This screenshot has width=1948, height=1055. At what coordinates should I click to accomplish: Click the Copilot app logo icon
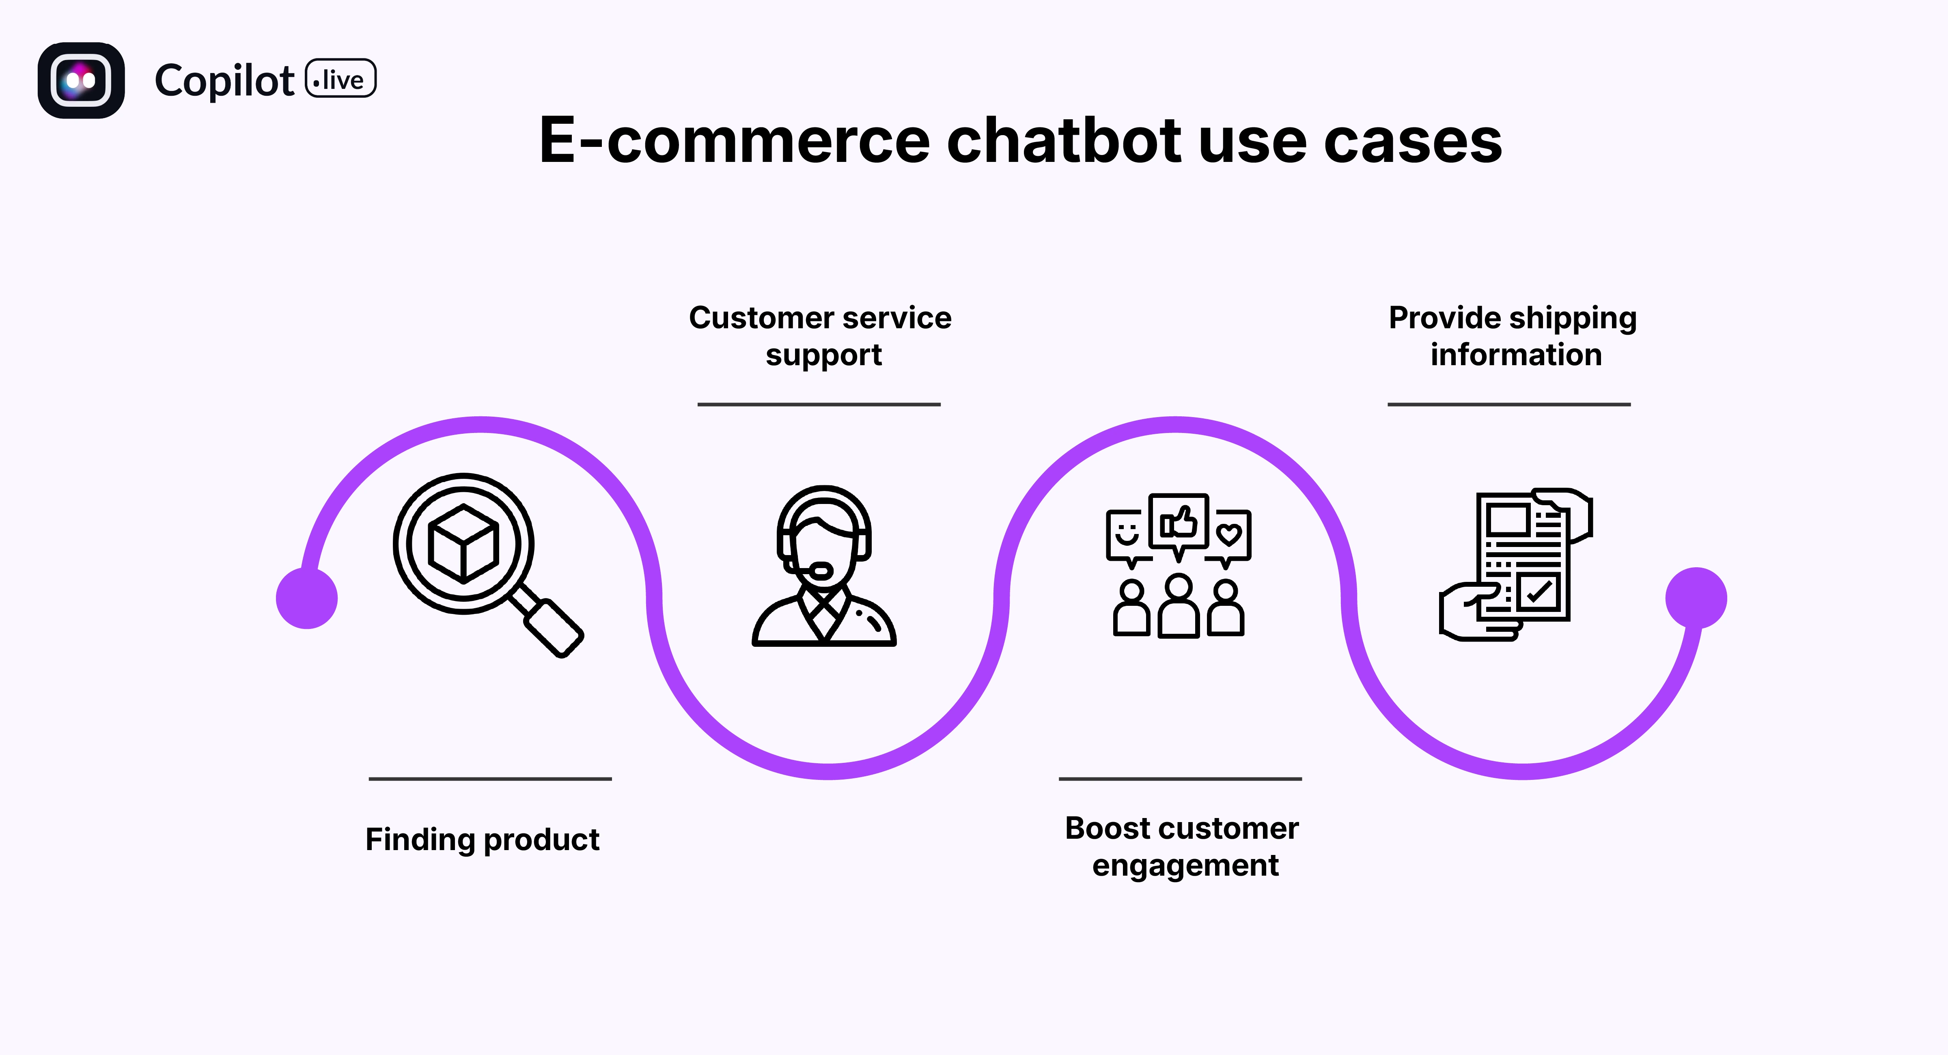[81, 80]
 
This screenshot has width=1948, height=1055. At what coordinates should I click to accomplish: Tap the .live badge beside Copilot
[340, 79]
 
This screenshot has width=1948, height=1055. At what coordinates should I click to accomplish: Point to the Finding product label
[483, 840]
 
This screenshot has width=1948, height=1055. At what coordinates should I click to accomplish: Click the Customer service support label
[821, 336]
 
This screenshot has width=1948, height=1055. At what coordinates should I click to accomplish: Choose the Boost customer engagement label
[1182, 846]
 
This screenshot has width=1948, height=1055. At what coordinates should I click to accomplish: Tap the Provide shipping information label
[1513, 336]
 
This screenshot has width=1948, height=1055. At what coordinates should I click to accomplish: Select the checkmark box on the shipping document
[1537, 591]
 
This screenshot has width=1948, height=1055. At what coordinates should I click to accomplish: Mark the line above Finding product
[490, 778]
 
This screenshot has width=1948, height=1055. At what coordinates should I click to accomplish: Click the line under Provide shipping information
[1508, 405]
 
